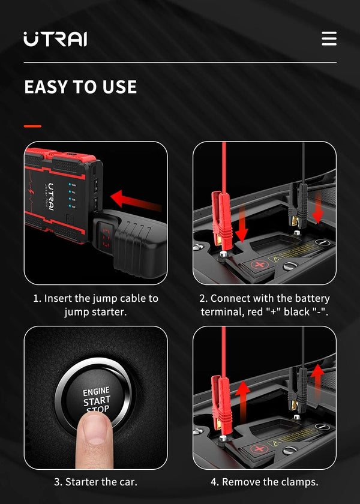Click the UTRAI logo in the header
click(55, 39)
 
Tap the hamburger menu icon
click(329, 38)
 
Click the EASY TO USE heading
click(80, 87)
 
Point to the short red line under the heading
click(32, 126)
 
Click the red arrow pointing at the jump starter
click(136, 200)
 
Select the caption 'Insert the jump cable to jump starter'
click(95, 305)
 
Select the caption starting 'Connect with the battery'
click(265, 305)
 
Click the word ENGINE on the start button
click(96, 391)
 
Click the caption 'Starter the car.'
click(95, 482)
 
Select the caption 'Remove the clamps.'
click(264, 482)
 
